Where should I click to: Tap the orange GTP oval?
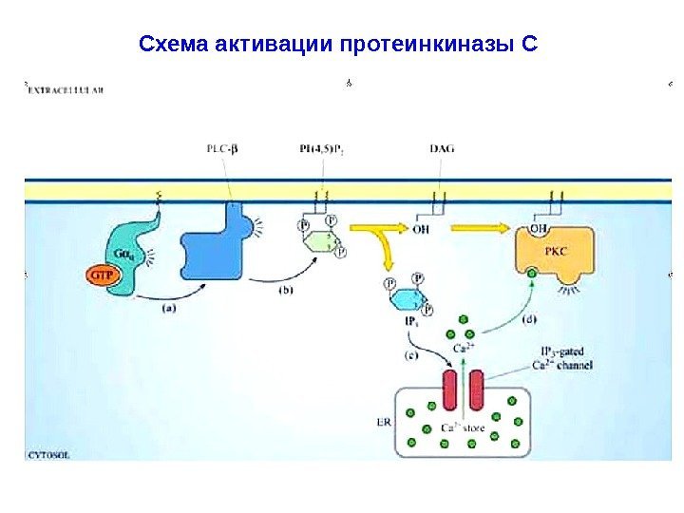[104, 275]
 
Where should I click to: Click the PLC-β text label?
[223, 149]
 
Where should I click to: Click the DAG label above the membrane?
[441, 149]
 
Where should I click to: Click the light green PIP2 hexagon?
[321, 238]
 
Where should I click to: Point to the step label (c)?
[410, 355]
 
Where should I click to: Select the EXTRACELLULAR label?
[66, 90]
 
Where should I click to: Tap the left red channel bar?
[449, 392]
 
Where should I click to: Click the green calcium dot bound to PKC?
[532, 274]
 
